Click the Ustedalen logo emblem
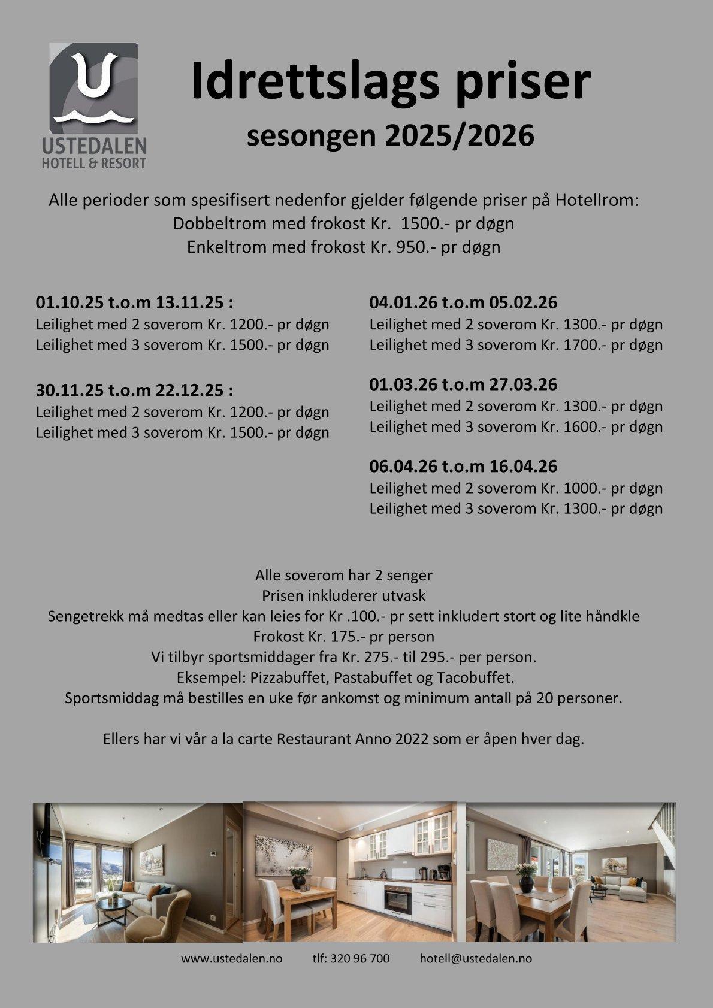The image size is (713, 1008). (93, 87)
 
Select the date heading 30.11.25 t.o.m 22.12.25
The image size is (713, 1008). (134, 391)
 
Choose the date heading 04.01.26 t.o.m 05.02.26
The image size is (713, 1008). (463, 302)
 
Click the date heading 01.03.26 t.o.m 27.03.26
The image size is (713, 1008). (463, 385)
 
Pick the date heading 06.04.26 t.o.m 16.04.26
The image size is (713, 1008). (463, 466)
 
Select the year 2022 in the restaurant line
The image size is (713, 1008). (412, 739)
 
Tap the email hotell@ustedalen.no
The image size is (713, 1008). (476, 959)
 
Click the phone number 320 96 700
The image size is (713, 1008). (359, 959)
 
